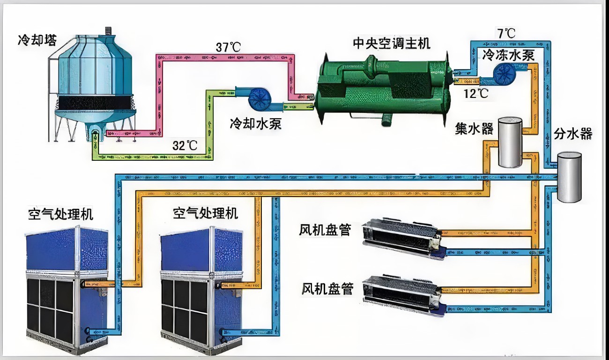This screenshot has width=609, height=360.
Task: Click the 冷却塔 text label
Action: (x=37, y=40)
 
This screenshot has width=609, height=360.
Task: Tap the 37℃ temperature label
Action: (x=228, y=47)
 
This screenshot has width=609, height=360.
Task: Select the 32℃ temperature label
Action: (x=185, y=145)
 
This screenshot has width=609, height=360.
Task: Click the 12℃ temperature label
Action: (x=475, y=93)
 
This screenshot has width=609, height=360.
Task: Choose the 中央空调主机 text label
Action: (x=391, y=43)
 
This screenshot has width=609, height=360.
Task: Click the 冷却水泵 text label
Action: (x=255, y=124)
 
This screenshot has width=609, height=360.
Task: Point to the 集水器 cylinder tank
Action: (x=510, y=142)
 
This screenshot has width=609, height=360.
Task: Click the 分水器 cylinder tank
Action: (x=569, y=177)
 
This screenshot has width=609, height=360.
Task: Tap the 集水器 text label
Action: (x=474, y=128)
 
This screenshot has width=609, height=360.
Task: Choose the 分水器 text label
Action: (x=573, y=134)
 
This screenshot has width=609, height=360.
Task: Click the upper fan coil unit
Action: (x=403, y=238)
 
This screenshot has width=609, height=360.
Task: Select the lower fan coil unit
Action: (x=403, y=294)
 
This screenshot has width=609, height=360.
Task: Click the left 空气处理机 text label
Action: (x=60, y=214)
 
